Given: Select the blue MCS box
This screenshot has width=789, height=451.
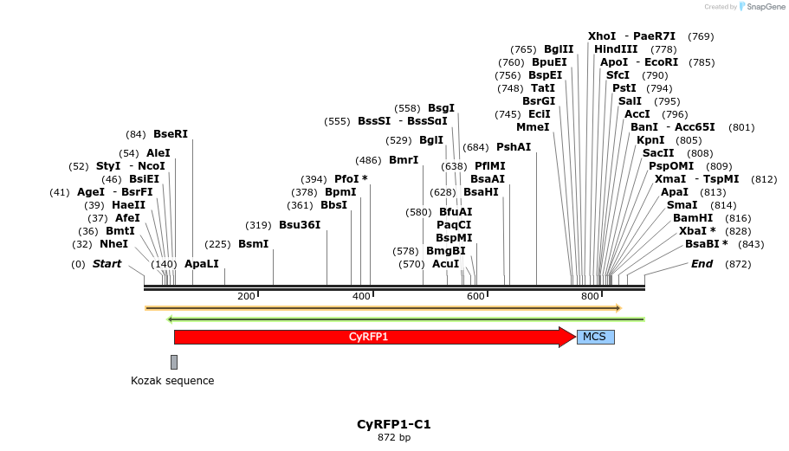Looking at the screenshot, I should (x=595, y=337).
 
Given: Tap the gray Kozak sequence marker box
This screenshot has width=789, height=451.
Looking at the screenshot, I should (x=174, y=362).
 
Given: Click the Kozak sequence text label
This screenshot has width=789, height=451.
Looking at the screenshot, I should (x=172, y=381).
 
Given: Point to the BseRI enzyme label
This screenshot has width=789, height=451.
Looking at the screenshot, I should (x=170, y=134).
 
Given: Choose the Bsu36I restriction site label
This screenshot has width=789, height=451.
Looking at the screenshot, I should (x=300, y=225).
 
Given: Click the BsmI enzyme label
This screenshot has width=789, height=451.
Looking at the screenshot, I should (x=254, y=244).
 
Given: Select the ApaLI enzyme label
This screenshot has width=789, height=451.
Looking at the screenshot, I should (x=202, y=264).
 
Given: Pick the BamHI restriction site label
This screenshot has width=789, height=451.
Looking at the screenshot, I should (x=693, y=218).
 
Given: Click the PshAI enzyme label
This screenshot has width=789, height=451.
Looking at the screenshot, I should (x=514, y=147).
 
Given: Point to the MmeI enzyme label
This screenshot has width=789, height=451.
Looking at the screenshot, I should (x=533, y=127).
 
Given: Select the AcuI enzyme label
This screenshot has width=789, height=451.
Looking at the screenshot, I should (x=445, y=264).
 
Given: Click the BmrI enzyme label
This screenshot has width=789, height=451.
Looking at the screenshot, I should (x=404, y=160).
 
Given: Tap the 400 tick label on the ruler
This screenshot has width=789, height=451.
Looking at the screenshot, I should (x=362, y=297).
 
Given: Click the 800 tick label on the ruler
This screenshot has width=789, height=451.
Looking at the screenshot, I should (x=591, y=297).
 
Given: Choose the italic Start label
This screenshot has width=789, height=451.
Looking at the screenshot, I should (x=107, y=264).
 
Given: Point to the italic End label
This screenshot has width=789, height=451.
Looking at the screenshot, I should (x=702, y=264).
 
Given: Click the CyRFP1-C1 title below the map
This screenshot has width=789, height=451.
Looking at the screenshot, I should (x=394, y=425).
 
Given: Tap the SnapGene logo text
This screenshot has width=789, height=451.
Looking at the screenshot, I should (x=766, y=7).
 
